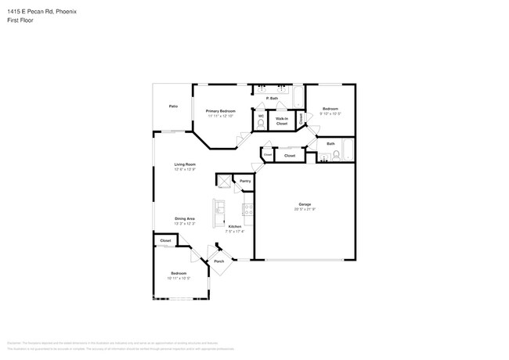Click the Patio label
[x=172, y=106]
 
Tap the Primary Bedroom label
[x=221, y=111]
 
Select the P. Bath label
[x=273, y=98]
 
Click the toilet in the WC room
[x=261, y=123]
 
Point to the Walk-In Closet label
[x=281, y=121]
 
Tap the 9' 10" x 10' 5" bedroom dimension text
[x=330, y=113]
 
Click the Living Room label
[x=185, y=164]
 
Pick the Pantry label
[x=245, y=181]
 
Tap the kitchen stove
[x=248, y=209]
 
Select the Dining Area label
[x=185, y=218]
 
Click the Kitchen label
[x=235, y=226]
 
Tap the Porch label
[x=219, y=261]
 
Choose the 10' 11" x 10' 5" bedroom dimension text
[x=179, y=278]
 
